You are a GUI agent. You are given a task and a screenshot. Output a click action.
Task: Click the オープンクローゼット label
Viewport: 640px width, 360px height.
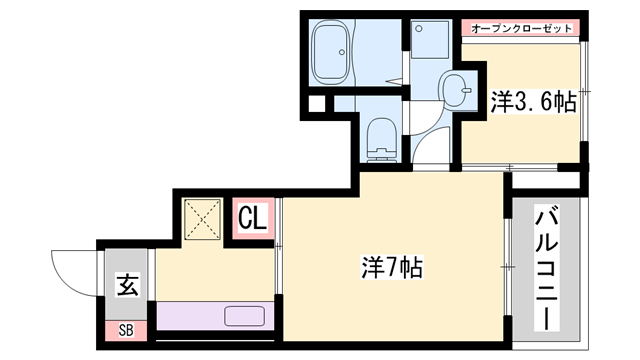[x=521, y=28]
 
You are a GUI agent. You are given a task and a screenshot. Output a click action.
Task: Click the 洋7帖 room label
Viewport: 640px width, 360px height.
[x=391, y=267]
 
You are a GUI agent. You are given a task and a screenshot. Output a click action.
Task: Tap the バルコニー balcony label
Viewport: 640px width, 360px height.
[x=547, y=267]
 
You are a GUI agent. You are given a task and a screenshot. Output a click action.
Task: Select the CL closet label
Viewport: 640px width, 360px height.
[x=252, y=217]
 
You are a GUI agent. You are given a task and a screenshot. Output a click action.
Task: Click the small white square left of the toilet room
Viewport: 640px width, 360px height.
[x=317, y=103]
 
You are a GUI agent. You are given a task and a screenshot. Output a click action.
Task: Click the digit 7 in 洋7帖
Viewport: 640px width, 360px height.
[x=391, y=267]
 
